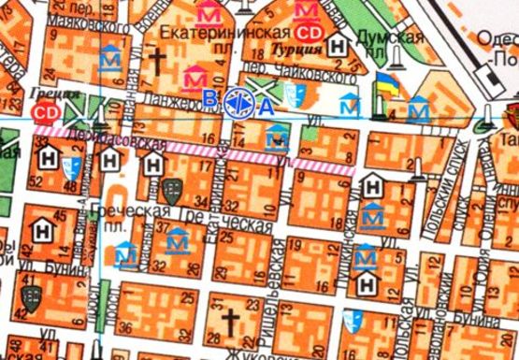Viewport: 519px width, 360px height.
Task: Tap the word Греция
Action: tap(46, 94)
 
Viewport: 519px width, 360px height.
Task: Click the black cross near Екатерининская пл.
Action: tap(159, 63)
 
